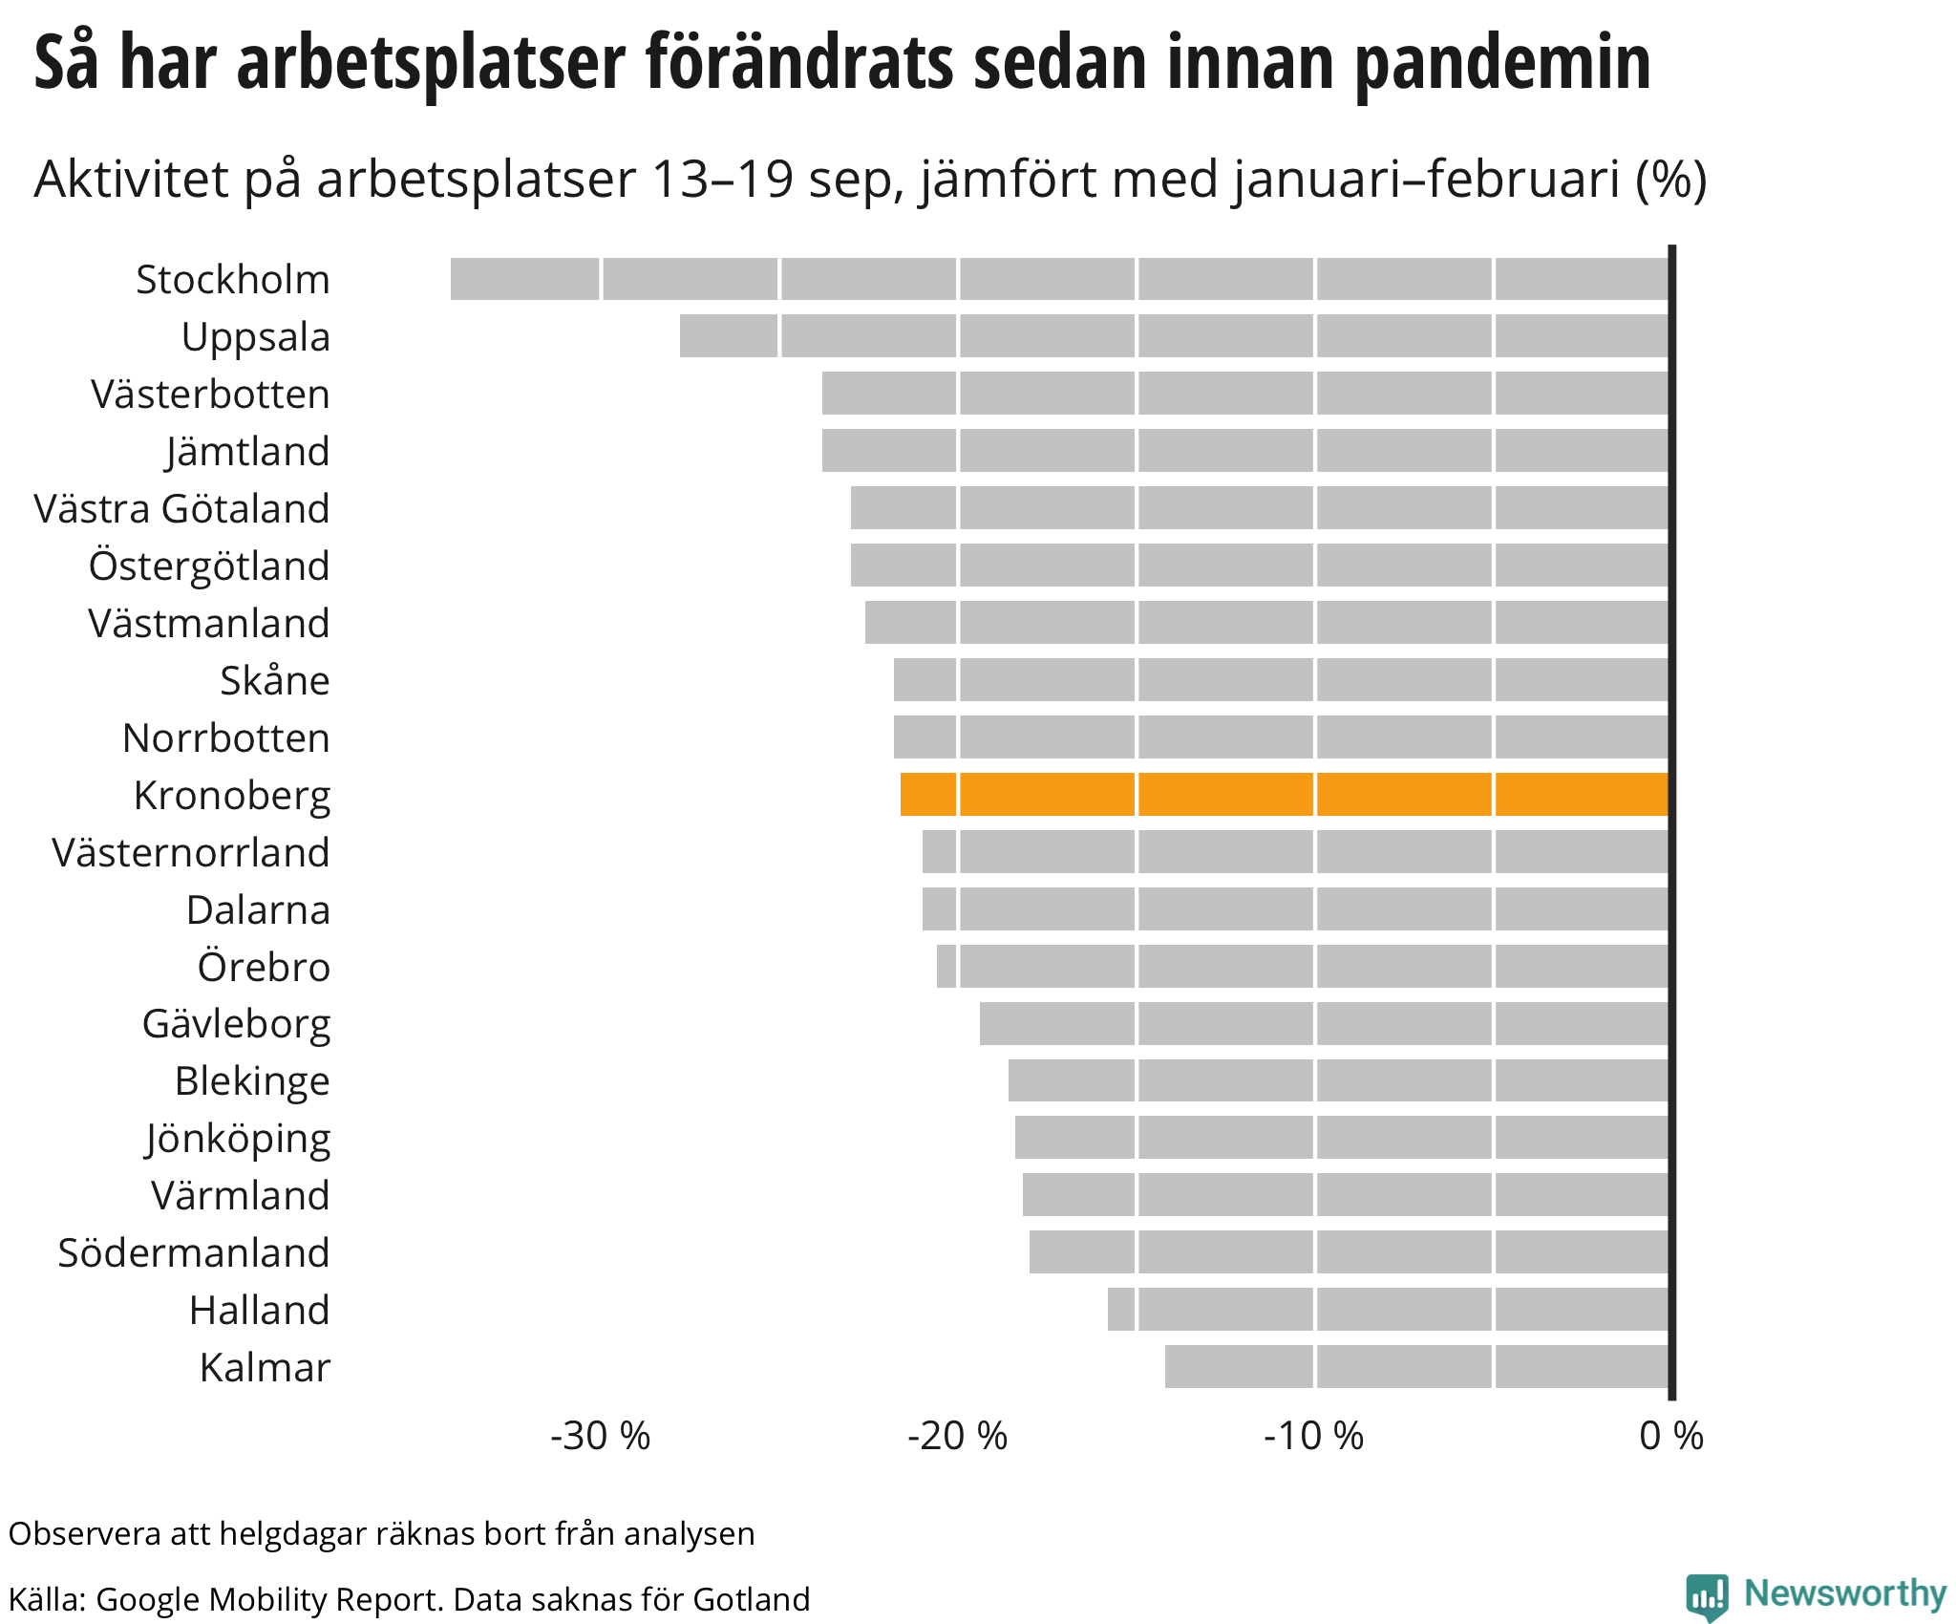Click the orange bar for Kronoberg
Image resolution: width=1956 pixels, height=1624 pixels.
[x=1285, y=795]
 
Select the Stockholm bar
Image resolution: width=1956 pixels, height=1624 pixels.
[x=1060, y=279]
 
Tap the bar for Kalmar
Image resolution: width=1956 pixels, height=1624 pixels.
[x=1417, y=1366]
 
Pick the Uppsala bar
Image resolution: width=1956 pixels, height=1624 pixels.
[x=1175, y=336]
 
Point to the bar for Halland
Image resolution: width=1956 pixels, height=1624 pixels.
[x=1389, y=1309]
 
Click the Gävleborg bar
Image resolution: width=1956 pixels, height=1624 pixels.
[x=1325, y=1023]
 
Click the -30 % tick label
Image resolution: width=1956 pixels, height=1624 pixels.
[x=600, y=1436]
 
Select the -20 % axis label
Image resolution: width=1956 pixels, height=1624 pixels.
[x=957, y=1436]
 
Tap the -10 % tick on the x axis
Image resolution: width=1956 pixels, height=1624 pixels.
[x=1314, y=1436]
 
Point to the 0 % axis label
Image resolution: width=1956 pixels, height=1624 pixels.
[x=1671, y=1436]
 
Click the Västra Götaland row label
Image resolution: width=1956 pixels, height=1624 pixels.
[x=181, y=509]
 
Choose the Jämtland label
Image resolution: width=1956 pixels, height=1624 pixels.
[x=247, y=452]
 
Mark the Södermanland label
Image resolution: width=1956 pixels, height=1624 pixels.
[x=194, y=1253]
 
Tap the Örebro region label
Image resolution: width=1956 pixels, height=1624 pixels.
[x=264, y=967]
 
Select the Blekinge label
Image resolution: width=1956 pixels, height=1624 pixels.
[x=252, y=1081]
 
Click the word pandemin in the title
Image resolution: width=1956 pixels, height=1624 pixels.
[x=1502, y=63]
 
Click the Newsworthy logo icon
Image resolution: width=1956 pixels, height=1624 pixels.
[x=1707, y=1596]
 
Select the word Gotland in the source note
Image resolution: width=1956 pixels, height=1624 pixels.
[x=752, y=1599]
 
